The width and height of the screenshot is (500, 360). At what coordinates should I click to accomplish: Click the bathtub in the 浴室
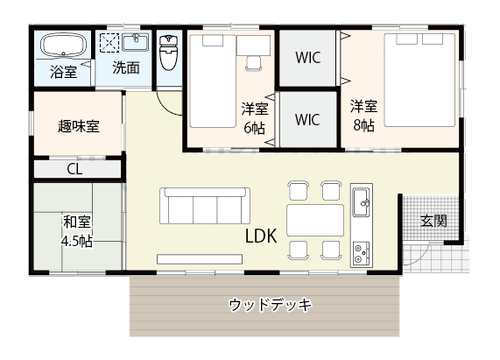(x=62, y=46)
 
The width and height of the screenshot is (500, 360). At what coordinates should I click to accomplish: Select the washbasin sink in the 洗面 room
(x=136, y=43)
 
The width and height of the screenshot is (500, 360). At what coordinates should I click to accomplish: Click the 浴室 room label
(x=62, y=72)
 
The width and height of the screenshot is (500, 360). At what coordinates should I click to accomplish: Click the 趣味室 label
(x=79, y=125)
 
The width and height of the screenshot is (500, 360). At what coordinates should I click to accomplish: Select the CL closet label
(x=74, y=169)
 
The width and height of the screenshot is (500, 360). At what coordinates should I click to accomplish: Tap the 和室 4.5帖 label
(x=78, y=229)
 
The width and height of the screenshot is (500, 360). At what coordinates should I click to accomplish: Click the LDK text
(x=261, y=236)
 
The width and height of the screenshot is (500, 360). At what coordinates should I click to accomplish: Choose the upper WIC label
(x=307, y=59)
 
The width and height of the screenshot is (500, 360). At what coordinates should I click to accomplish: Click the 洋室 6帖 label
(x=254, y=117)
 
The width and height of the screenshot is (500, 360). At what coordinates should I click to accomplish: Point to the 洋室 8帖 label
(x=363, y=115)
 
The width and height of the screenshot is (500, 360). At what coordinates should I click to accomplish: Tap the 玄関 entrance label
(x=433, y=220)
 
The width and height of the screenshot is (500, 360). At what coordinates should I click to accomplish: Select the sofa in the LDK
(x=205, y=207)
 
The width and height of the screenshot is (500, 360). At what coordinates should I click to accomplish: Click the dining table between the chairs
(x=314, y=220)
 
